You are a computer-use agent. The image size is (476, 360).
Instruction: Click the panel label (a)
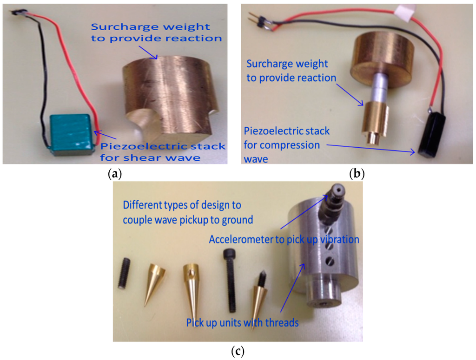click(114, 174)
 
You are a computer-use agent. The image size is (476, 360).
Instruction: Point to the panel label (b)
click(357, 174)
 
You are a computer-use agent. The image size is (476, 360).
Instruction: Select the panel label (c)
click(238, 351)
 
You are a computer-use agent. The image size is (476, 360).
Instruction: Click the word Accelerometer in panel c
click(238, 240)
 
